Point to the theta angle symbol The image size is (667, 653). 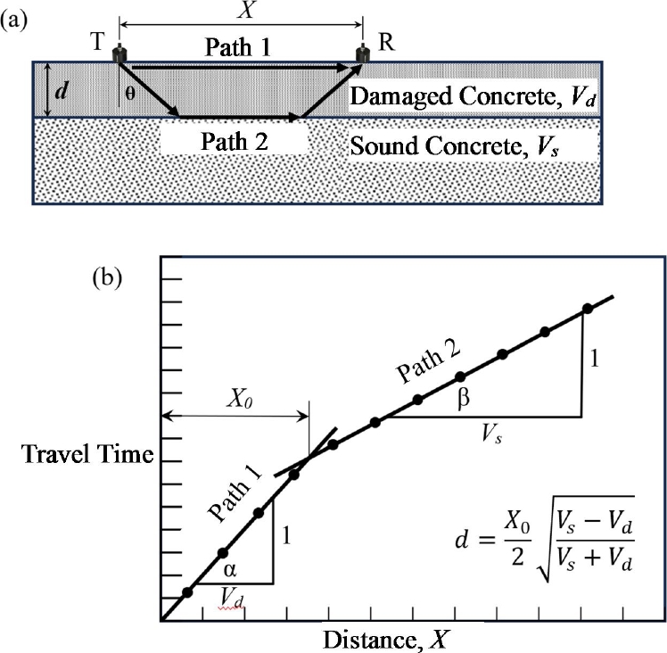(130, 93)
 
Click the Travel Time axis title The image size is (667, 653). (87, 456)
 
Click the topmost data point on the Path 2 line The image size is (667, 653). (587, 309)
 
